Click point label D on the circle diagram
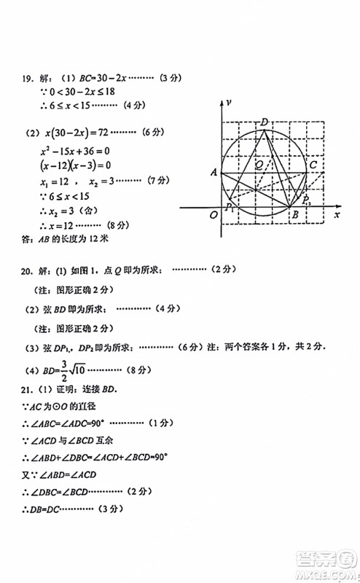(265, 121)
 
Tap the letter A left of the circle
(214, 173)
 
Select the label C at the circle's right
(313, 165)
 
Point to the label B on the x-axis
(294, 215)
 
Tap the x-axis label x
(337, 216)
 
